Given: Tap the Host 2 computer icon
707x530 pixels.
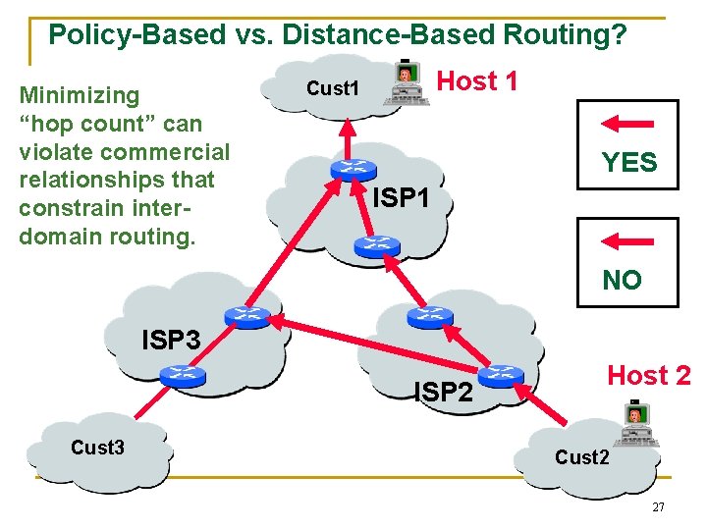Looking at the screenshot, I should (637, 423).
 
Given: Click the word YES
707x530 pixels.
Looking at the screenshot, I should (628, 163).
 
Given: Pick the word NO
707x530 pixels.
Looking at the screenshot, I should (622, 281).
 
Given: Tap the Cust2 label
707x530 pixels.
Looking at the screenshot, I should (582, 457).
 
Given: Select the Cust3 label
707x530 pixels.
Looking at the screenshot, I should (97, 448).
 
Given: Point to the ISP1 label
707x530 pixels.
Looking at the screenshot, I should (401, 198).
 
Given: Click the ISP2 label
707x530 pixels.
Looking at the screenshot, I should (443, 393).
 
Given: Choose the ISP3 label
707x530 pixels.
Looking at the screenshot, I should (171, 341).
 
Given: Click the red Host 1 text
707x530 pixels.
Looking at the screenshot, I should (476, 81).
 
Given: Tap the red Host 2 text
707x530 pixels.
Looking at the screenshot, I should (648, 375).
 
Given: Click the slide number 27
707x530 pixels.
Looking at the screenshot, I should (659, 506).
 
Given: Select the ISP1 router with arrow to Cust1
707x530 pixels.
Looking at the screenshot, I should (347, 168).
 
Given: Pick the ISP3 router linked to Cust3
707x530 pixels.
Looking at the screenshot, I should (183, 374).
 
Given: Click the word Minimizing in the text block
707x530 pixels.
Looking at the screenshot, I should (80, 95).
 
